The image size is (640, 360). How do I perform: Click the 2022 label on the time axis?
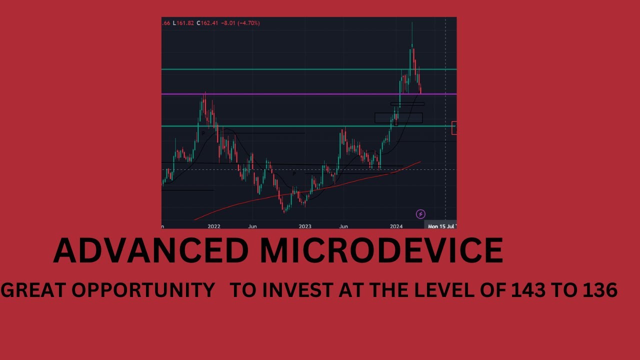point(214,226)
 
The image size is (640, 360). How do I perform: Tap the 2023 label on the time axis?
point(305,226)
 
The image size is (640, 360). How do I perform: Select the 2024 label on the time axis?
point(396,226)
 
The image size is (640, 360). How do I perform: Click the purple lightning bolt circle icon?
point(420,214)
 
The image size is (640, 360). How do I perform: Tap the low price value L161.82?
point(183,23)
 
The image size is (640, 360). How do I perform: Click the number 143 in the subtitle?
point(528,290)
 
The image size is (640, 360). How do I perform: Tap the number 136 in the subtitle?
point(600,290)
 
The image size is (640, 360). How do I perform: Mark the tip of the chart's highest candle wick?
point(412,22)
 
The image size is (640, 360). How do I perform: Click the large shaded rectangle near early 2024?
point(398,118)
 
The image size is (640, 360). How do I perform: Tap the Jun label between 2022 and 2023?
point(252,226)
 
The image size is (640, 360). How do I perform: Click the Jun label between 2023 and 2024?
point(343,226)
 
